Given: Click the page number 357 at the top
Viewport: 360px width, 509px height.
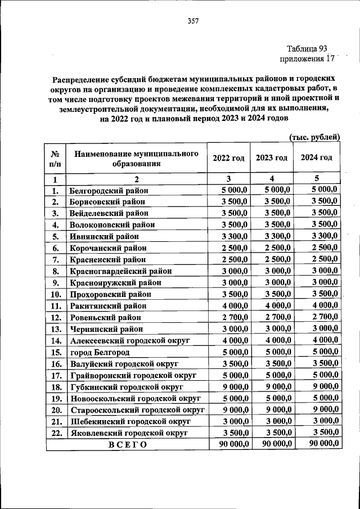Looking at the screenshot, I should coord(193,21).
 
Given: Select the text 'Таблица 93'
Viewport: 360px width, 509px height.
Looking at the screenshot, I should coord(307,49).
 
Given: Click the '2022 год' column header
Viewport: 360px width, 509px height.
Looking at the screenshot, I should coord(228,158).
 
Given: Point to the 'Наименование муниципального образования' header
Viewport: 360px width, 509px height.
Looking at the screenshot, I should coord(137,159).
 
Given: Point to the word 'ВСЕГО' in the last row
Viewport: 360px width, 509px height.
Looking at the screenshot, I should coord(127,445).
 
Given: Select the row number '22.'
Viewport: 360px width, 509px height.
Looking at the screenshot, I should coord(56,433).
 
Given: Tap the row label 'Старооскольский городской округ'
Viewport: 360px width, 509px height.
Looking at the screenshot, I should coord(137,410).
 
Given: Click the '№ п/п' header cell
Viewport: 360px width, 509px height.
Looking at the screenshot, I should coord(56,159).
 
